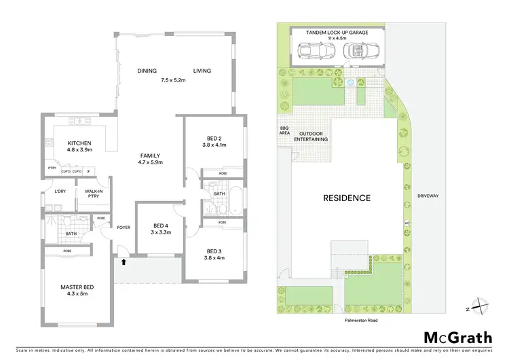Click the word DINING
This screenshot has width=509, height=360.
pyautogui.click(x=147, y=71)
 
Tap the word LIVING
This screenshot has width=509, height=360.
pyautogui.click(x=202, y=71)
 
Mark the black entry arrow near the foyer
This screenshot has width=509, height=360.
pyautogui.click(x=124, y=260)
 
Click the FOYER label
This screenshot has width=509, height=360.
pyautogui.click(x=124, y=228)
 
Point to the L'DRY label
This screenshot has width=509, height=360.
pyautogui.click(x=60, y=192)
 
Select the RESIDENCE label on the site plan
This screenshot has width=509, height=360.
pyautogui.click(x=347, y=198)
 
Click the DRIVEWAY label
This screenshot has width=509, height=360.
pyautogui.click(x=429, y=196)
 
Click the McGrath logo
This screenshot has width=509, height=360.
pyautogui.click(x=458, y=338)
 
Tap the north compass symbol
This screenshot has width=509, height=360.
pyautogui.click(x=478, y=307)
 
